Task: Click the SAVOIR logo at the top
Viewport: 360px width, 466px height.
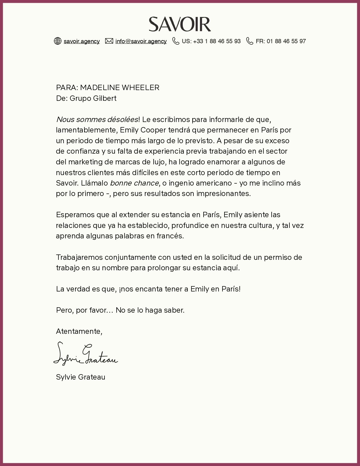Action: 180,24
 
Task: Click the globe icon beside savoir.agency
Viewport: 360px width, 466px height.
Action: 58,41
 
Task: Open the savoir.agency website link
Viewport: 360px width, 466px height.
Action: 82,41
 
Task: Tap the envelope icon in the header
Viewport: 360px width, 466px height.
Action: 109,41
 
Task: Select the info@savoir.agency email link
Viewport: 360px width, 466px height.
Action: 141,41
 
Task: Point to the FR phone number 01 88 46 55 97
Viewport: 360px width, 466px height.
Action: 286,41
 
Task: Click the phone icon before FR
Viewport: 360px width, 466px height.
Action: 250,41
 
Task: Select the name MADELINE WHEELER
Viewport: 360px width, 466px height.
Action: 120,88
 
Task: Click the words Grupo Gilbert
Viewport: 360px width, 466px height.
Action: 93,98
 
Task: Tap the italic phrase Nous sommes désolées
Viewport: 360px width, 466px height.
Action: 97,119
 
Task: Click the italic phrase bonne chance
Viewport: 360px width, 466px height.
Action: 134,183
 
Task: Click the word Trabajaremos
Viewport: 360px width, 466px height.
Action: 79,257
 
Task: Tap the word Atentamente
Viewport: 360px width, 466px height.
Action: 79,331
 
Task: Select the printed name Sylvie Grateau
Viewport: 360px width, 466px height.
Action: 80,377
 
